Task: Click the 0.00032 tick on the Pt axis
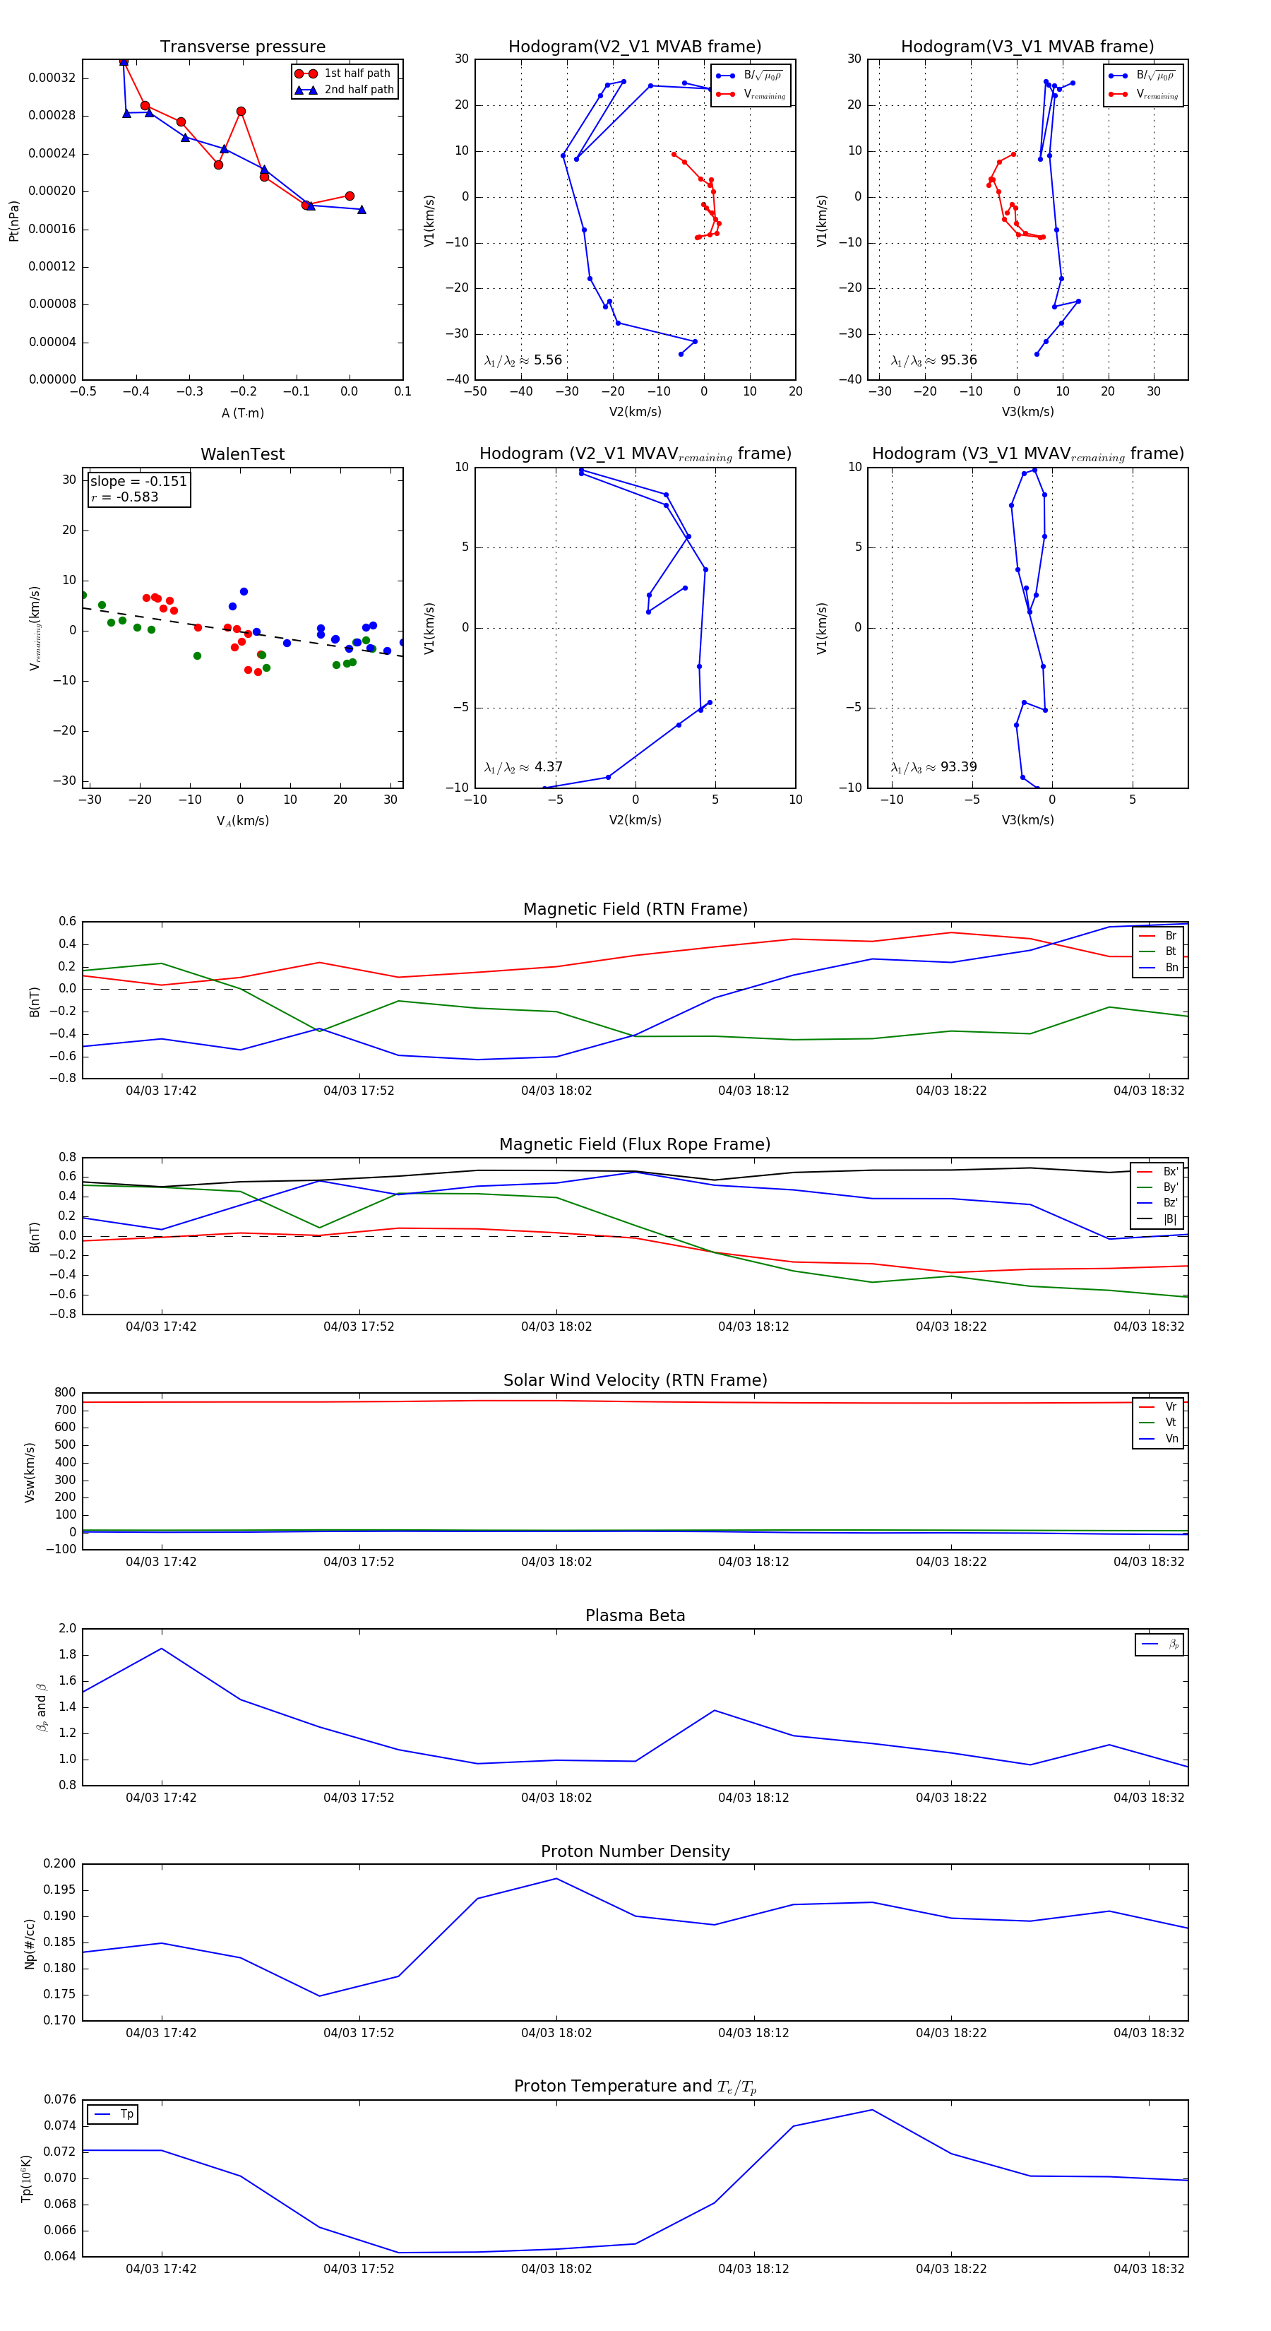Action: pos(52,78)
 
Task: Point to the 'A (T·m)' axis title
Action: pos(242,413)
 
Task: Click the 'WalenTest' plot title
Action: pos(242,454)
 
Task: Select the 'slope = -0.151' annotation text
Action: pos(138,482)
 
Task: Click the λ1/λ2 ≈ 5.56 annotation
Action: pos(523,360)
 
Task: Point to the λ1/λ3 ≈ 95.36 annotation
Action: pos(933,360)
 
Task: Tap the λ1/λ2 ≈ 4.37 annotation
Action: pos(523,767)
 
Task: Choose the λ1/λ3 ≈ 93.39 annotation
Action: pos(933,767)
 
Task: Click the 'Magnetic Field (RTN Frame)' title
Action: pos(635,909)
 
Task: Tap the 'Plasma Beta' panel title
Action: pos(635,1616)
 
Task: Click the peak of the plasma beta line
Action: pos(162,1649)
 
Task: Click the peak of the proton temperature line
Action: pos(872,2110)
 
